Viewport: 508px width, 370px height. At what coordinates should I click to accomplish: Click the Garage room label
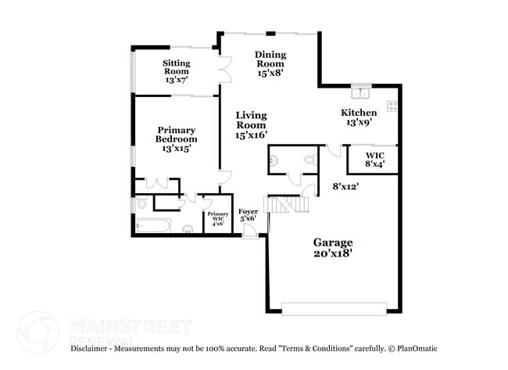pos(333,242)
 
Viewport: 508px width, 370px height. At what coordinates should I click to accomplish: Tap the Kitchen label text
pos(359,113)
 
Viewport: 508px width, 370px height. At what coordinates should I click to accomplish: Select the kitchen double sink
pos(360,93)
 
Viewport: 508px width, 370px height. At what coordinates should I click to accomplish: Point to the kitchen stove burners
pos(392,106)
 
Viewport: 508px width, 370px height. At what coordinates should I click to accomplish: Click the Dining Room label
pos(271,55)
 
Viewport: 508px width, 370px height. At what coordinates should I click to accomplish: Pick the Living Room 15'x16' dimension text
pos(252,135)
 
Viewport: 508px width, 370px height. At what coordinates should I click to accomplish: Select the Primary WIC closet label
pos(217,216)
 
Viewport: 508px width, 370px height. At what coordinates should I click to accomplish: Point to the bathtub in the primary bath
pos(153,228)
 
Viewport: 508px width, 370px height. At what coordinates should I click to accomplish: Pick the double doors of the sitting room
pos(224,72)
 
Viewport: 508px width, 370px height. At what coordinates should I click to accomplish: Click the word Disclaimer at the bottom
pos(92,348)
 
